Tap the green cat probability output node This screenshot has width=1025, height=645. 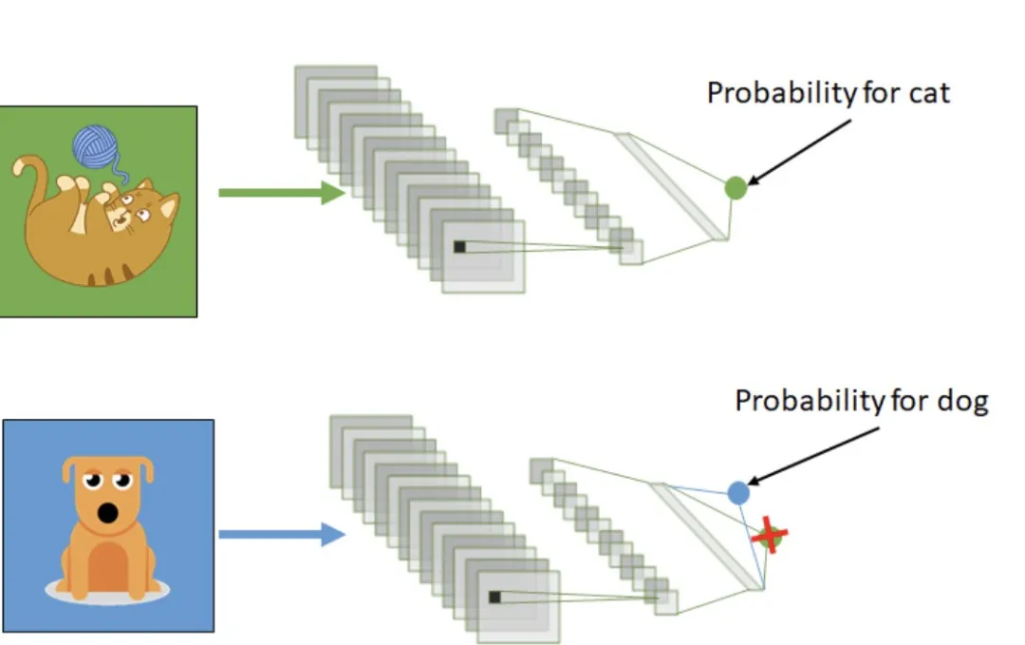click(736, 188)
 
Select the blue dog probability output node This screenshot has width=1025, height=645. click(739, 492)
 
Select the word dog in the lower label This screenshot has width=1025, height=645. click(965, 401)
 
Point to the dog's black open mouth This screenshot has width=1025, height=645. click(108, 514)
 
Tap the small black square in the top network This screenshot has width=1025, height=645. click(459, 247)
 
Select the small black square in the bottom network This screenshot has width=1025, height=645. click(494, 597)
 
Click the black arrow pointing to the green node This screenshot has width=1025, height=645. click(797, 152)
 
